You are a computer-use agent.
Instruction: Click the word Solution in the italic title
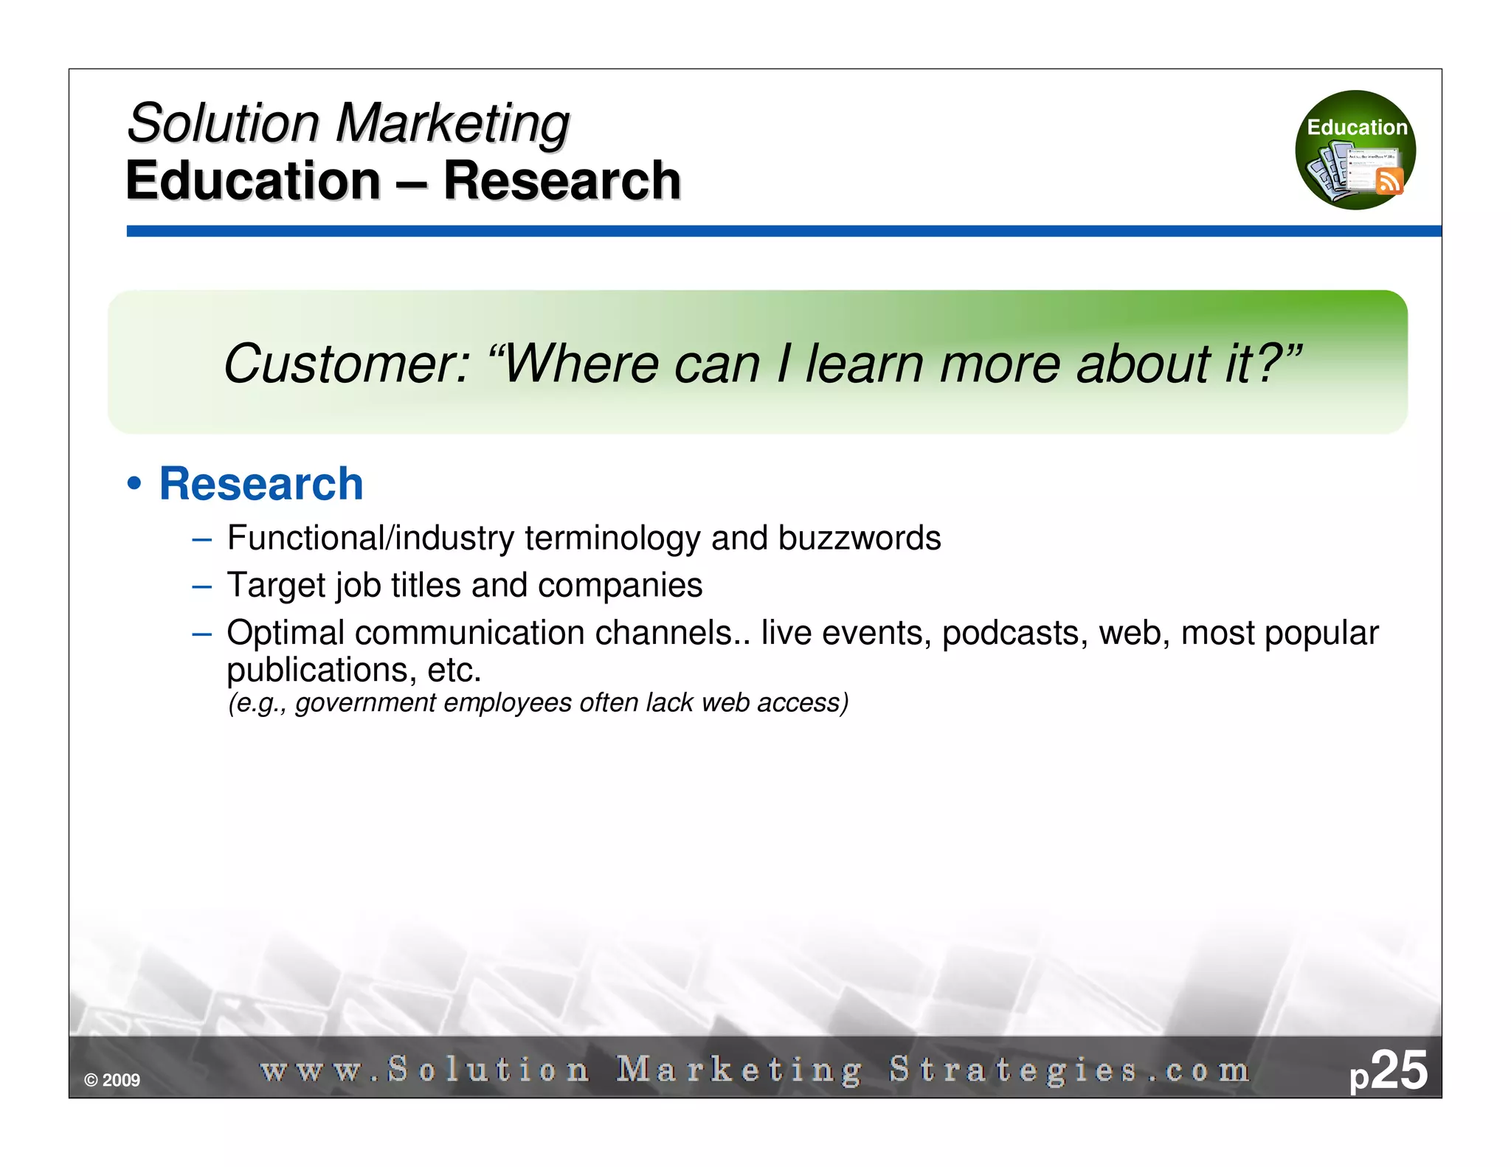(x=224, y=122)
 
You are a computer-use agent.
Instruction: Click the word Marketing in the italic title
(x=452, y=122)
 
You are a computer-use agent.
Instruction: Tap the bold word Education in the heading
(x=253, y=181)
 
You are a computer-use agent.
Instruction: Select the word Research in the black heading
(x=561, y=181)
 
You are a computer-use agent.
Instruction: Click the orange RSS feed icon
(x=1389, y=181)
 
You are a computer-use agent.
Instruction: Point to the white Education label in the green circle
(x=1356, y=128)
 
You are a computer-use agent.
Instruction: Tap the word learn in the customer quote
(x=864, y=364)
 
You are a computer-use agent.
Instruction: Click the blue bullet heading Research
(x=261, y=484)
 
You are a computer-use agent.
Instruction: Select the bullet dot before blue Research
(x=134, y=485)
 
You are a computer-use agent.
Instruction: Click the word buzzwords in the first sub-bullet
(x=860, y=538)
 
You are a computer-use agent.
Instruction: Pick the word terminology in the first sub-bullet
(x=612, y=538)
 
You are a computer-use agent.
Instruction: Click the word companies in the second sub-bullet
(x=620, y=585)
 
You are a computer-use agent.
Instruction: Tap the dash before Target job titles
(x=201, y=586)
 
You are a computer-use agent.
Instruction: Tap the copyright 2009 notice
(x=112, y=1080)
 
